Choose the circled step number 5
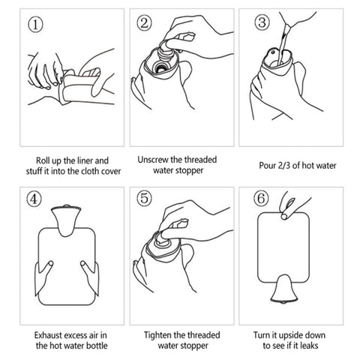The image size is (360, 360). pos(144,201)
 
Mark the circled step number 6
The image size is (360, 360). pos(259,201)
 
